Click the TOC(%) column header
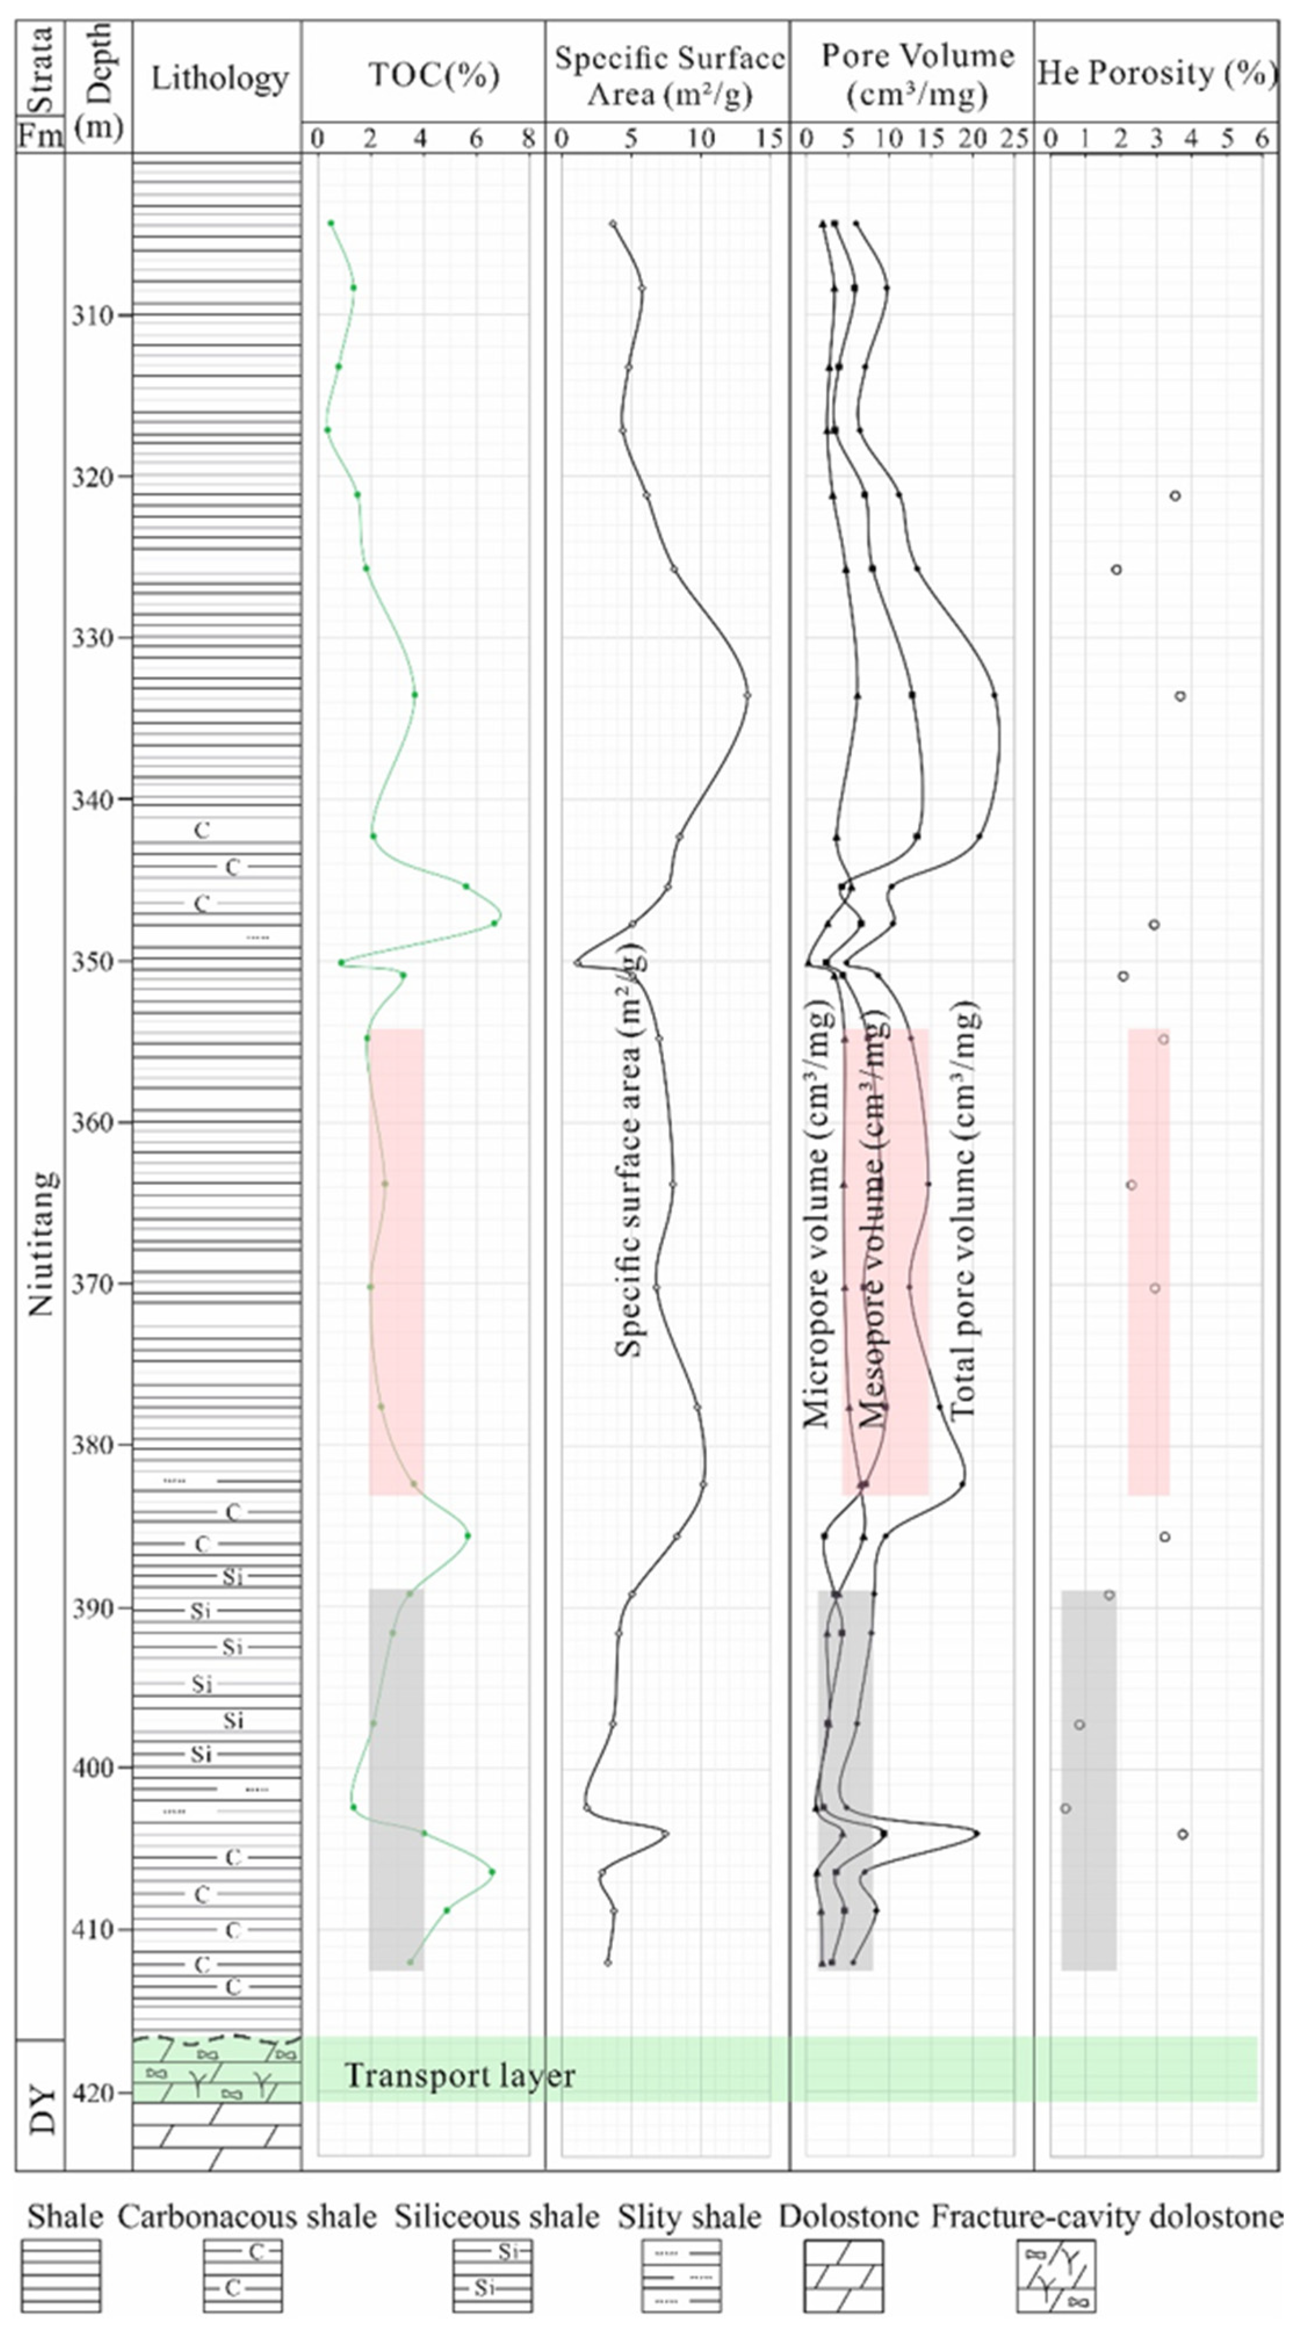pyautogui.click(x=433, y=75)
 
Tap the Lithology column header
pyautogui.click(x=219, y=78)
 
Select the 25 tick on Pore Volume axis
pyautogui.click(x=1015, y=139)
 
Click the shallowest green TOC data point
pyautogui.click(x=331, y=223)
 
